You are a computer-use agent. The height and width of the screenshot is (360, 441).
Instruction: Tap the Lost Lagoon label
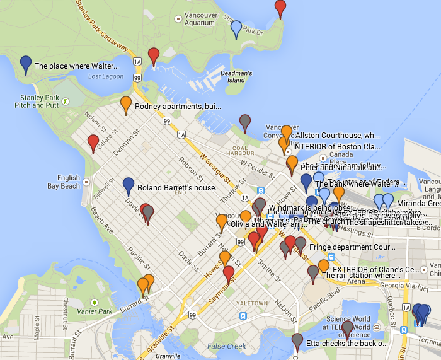pyautogui.click(x=103, y=76)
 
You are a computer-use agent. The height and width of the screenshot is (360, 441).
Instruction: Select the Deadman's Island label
pyautogui.click(x=236, y=76)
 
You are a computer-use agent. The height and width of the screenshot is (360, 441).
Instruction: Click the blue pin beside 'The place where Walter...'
pyautogui.click(x=26, y=64)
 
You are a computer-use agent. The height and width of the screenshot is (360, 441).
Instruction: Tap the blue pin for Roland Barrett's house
pyautogui.click(x=129, y=186)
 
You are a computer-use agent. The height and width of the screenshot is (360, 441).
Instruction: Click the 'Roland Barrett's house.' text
pyautogui.click(x=176, y=188)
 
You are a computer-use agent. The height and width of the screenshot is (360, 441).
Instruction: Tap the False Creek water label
pyautogui.click(x=226, y=346)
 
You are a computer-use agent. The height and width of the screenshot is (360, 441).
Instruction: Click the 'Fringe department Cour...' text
pyautogui.click(x=352, y=247)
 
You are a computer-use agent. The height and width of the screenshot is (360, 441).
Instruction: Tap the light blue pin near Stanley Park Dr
pyautogui.click(x=236, y=29)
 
